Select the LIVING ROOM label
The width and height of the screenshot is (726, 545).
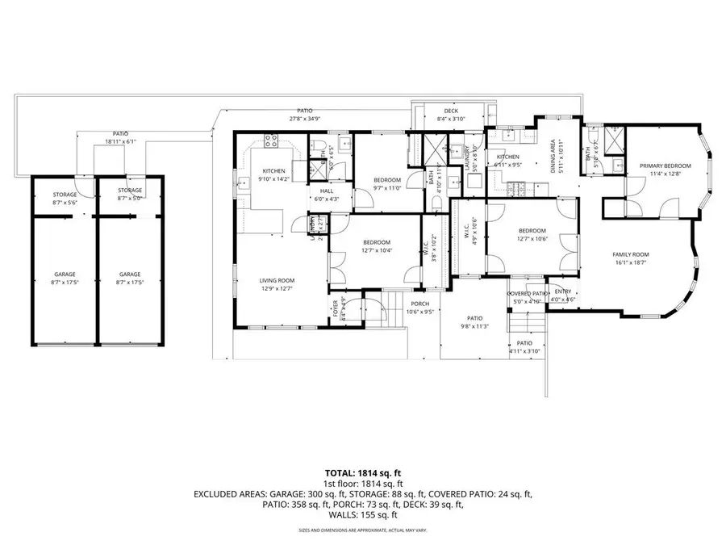point(277,280)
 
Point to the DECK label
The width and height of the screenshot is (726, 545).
point(451,111)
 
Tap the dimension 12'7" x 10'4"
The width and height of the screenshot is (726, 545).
point(376,250)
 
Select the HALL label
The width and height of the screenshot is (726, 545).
point(327,191)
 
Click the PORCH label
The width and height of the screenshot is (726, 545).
point(419,304)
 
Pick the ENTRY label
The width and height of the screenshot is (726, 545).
point(562,292)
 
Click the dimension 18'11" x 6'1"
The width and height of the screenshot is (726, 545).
point(120,141)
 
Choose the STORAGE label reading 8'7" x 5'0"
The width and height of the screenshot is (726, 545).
point(130,198)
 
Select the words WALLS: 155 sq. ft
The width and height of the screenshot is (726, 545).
point(362,515)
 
